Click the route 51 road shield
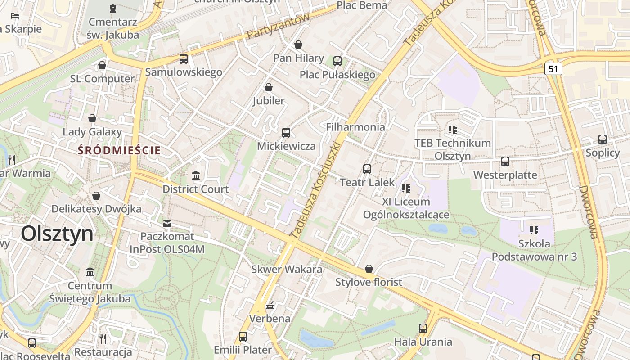[x=553, y=69]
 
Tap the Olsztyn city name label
[x=57, y=234]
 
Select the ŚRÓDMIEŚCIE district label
[x=119, y=150]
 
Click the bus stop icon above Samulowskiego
[x=183, y=58]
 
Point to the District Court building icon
[x=196, y=175]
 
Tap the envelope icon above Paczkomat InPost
[x=167, y=223]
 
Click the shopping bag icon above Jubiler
[x=269, y=87]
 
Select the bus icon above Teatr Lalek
[x=367, y=169]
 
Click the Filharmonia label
[x=355, y=127]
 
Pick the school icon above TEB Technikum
[x=453, y=130]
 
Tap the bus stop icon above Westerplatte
[x=505, y=161]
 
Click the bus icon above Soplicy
[x=603, y=139]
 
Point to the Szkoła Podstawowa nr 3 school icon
[x=534, y=230]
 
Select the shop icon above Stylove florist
[x=369, y=269]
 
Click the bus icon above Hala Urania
[x=423, y=328]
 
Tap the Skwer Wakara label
[x=287, y=270]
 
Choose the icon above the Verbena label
[x=270, y=306]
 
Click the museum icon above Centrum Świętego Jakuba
[x=90, y=272]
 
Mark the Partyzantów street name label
[x=278, y=26]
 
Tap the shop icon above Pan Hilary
[x=298, y=45]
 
